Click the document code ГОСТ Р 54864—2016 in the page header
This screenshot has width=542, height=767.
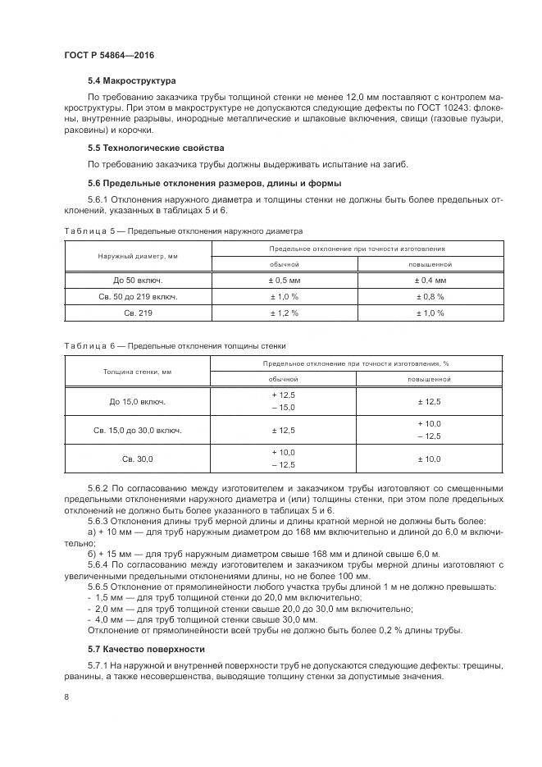[x=109, y=55]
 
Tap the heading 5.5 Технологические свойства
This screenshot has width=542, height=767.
[x=155, y=148]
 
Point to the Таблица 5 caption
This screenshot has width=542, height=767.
[x=183, y=231]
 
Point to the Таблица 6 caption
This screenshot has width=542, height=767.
[x=175, y=346]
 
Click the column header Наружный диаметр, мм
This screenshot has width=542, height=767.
[x=138, y=256]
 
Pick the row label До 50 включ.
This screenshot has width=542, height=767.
[x=138, y=281]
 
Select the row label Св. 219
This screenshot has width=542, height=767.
[x=138, y=313]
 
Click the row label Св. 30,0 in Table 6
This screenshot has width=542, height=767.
[x=138, y=459]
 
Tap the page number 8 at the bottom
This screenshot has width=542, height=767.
[x=66, y=696]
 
